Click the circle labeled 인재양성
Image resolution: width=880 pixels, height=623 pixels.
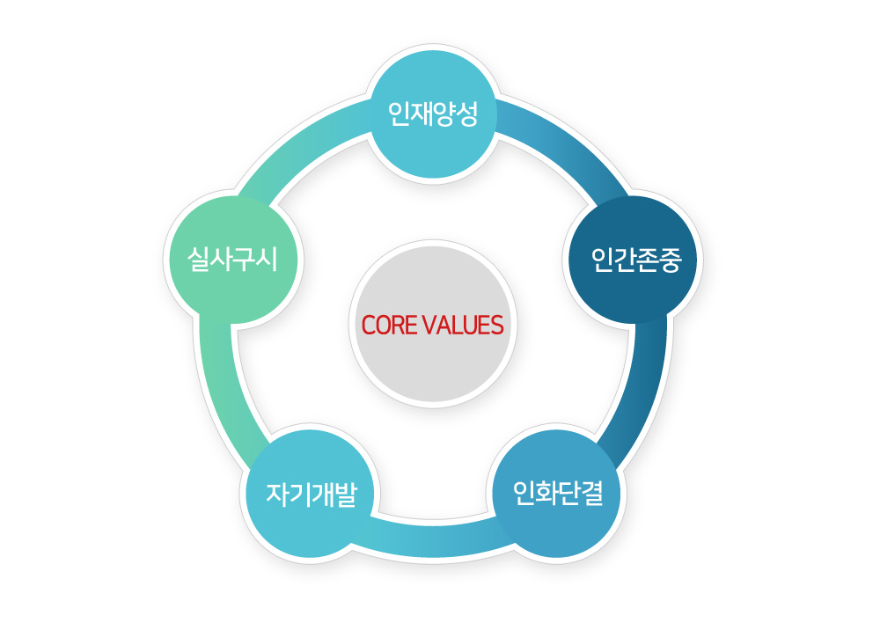click(x=433, y=114)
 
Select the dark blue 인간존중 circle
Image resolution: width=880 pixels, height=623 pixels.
click(x=633, y=260)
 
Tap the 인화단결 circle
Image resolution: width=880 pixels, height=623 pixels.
click(x=557, y=494)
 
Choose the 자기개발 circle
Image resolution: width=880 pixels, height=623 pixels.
click(x=311, y=494)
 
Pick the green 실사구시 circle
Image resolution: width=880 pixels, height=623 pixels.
click(x=233, y=260)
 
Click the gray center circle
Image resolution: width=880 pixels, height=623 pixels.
click(x=433, y=324)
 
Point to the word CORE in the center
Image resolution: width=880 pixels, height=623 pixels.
click(x=385, y=325)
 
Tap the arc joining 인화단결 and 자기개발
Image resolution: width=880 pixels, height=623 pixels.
click(x=433, y=538)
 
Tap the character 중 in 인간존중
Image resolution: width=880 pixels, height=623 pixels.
click(x=670, y=260)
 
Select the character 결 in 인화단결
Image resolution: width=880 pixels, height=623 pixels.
click(x=592, y=494)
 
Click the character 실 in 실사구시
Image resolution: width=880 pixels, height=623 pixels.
click(x=198, y=260)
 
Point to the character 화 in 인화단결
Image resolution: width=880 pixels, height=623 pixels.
click(x=546, y=494)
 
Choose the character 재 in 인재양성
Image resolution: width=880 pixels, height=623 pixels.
click(x=421, y=114)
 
